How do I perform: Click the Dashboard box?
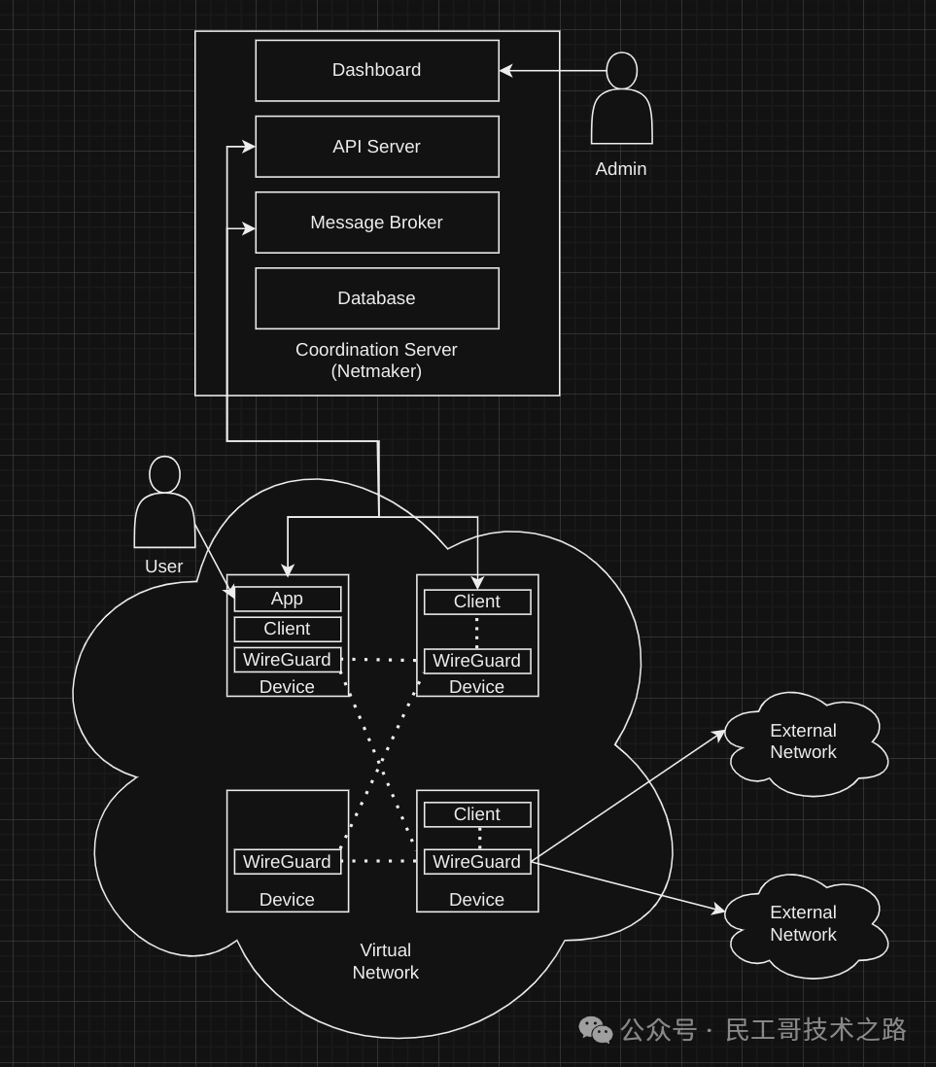[x=377, y=70]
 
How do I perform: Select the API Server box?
[x=377, y=147]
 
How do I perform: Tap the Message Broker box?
[x=377, y=223]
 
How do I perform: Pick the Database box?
[x=377, y=298]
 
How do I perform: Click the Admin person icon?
[x=621, y=101]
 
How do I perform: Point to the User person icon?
[x=164, y=505]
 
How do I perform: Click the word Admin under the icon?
[x=621, y=169]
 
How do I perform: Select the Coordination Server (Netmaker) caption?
[x=376, y=360]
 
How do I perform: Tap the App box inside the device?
[x=287, y=599]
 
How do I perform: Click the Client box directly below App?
[x=287, y=629]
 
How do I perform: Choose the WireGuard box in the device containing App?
[x=287, y=660]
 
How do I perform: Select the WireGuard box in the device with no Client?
[x=287, y=862]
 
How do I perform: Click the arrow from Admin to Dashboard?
[x=554, y=70]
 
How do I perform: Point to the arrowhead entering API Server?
[x=249, y=147]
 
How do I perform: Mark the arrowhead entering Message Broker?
[x=249, y=229]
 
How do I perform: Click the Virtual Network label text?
[x=386, y=961]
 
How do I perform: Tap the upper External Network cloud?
[x=804, y=742]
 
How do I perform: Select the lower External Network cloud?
[x=804, y=924]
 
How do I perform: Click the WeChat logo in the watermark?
[x=595, y=1029]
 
